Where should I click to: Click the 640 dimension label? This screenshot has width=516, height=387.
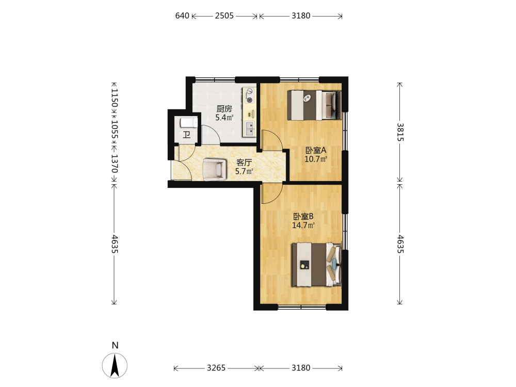(182, 16)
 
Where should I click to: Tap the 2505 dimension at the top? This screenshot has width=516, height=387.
(224, 16)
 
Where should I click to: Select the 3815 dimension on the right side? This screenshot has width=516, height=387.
(400, 132)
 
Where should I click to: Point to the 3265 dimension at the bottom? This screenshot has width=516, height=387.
(216, 368)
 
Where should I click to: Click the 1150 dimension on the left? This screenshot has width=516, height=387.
(114, 98)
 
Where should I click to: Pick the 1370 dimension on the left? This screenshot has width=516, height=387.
(114, 164)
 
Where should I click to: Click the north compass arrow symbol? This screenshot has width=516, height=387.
(115, 365)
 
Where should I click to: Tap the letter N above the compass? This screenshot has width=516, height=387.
(115, 345)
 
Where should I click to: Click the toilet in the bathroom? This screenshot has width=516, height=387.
(188, 123)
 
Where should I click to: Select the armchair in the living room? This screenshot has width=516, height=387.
(215, 169)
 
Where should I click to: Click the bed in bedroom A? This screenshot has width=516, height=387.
(314, 105)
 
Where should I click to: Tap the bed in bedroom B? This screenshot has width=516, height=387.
(317, 265)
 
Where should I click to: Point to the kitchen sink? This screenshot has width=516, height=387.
(249, 128)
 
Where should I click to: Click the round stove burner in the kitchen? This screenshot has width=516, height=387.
(250, 100)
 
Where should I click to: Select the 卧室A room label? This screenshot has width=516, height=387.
(316, 150)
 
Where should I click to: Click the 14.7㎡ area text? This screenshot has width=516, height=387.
(303, 225)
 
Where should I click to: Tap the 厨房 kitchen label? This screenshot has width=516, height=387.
(224, 108)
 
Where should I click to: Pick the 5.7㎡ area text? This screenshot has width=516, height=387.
(244, 171)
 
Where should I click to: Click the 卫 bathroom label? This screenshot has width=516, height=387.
(187, 135)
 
